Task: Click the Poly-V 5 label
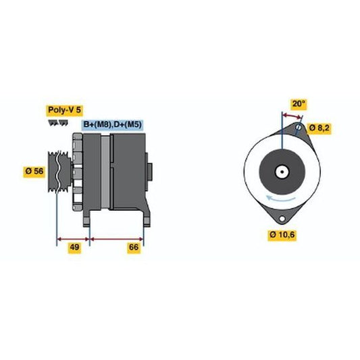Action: [65, 110]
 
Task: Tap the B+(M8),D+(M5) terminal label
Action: [113, 125]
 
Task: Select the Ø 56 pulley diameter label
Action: [34, 171]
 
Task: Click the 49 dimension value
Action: [74, 247]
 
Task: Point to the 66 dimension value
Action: [134, 247]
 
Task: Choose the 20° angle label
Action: [299, 104]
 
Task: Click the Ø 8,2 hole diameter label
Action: [319, 128]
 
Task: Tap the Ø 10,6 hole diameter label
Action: [282, 234]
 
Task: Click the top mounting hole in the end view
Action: [299, 127]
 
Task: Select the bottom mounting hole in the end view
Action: [282, 219]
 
